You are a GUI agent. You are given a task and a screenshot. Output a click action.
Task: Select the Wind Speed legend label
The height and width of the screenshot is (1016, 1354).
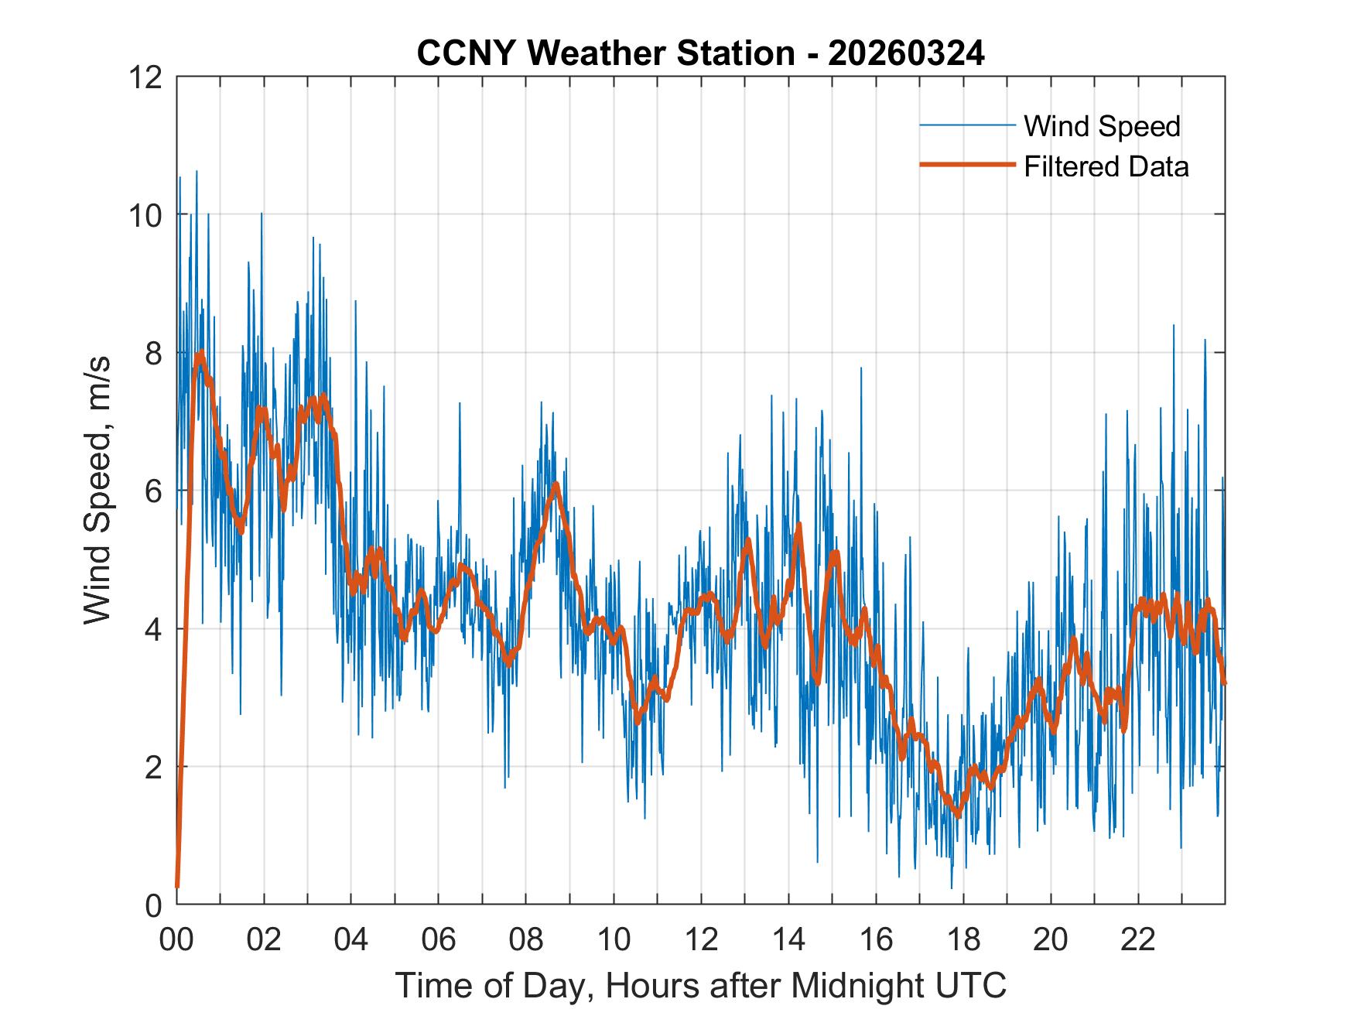[x=1102, y=126]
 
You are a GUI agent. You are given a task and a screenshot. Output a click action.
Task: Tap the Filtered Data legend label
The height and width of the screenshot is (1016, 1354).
[x=1106, y=166]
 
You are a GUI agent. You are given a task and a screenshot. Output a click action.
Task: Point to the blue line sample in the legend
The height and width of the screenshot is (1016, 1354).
[x=966, y=125]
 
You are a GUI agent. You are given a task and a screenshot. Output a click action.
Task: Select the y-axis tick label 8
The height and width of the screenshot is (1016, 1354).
[x=153, y=353]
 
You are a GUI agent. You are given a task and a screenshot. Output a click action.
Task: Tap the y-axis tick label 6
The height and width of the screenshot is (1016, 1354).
[x=153, y=491]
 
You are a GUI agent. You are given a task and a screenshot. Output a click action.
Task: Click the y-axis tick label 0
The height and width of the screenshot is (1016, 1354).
[x=153, y=905]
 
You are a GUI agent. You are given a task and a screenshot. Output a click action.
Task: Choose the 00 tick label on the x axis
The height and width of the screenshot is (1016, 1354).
[x=176, y=940]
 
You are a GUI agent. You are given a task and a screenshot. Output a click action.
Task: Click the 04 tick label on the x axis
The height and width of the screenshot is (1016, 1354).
[x=351, y=940]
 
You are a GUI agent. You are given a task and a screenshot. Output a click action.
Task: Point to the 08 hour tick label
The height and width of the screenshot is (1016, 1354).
[x=526, y=940]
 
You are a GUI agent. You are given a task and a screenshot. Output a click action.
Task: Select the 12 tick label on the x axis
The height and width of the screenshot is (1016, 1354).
[x=701, y=940]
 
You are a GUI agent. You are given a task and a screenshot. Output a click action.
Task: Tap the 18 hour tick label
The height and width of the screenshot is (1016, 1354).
[x=963, y=940]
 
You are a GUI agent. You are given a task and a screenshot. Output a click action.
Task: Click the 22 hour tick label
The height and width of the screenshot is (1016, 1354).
[x=1138, y=940]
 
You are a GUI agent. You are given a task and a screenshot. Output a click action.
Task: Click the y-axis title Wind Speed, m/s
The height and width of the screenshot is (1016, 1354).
[x=97, y=490]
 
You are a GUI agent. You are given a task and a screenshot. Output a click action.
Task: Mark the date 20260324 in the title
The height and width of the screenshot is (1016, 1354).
[x=906, y=53]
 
